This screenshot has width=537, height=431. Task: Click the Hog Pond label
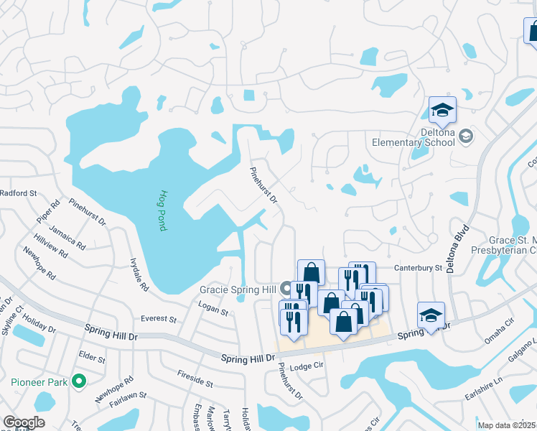[x=163, y=210]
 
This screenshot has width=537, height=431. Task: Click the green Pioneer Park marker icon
[x=80, y=381]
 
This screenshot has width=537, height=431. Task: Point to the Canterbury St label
[x=417, y=268]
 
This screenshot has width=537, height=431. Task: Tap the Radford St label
[x=18, y=193]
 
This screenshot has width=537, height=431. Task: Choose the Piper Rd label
[x=47, y=212]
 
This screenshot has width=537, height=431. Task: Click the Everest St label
[x=159, y=318]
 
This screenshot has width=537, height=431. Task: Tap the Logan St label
[x=213, y=312]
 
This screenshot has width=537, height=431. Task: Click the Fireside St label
[x=195, y=379]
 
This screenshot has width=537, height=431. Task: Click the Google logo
[x=24, y=422]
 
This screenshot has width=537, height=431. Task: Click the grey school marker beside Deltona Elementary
[x=466, y=136]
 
